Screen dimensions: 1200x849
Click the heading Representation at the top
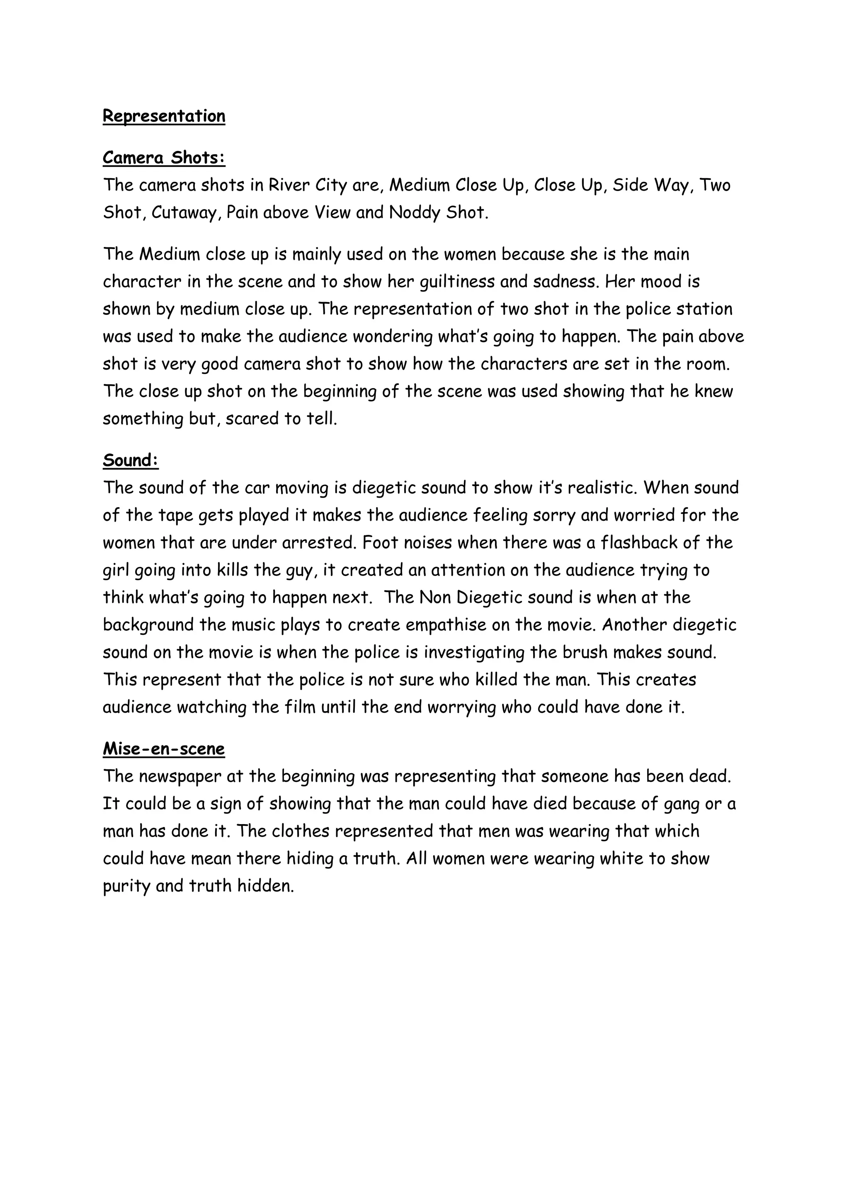pos(164,116)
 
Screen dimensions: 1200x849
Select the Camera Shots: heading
pos(164,157)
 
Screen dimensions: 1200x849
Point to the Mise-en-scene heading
pos(164,748)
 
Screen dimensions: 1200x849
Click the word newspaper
pos(180,776)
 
